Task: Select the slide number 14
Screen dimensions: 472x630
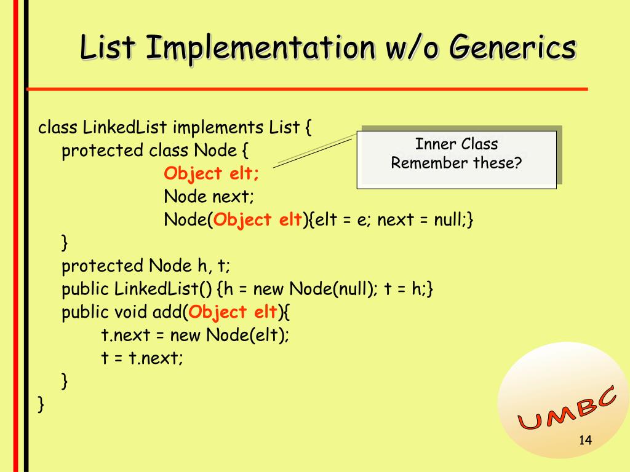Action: [585, 440]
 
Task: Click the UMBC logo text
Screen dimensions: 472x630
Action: [567, 409]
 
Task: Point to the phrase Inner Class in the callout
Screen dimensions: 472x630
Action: [457, 144]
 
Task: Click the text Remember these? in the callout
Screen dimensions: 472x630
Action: [457, 163]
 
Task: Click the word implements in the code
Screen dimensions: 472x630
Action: [218, 128]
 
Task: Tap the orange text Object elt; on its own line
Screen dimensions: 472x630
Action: [212, 174]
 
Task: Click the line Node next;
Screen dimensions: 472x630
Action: [209, 197]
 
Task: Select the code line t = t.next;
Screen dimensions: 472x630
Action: [142, 358]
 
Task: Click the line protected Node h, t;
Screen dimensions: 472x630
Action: [146, 266]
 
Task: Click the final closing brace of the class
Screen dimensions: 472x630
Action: [41, 404]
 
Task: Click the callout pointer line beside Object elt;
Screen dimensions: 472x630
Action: [314, 151]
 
